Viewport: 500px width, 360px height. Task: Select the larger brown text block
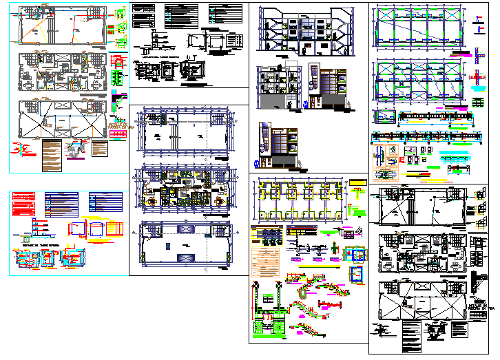tap(50, 156)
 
